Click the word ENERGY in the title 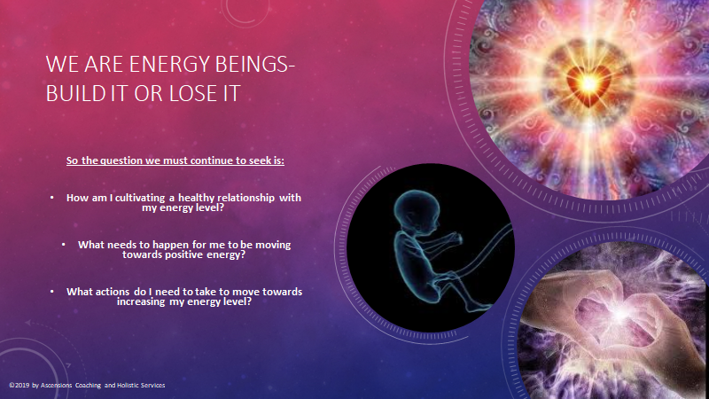[169, 64]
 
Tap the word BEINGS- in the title [255, 64]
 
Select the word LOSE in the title [190, 93]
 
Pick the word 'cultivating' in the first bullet [140, 198]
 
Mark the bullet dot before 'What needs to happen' [63, 245]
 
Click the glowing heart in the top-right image [588, 84]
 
